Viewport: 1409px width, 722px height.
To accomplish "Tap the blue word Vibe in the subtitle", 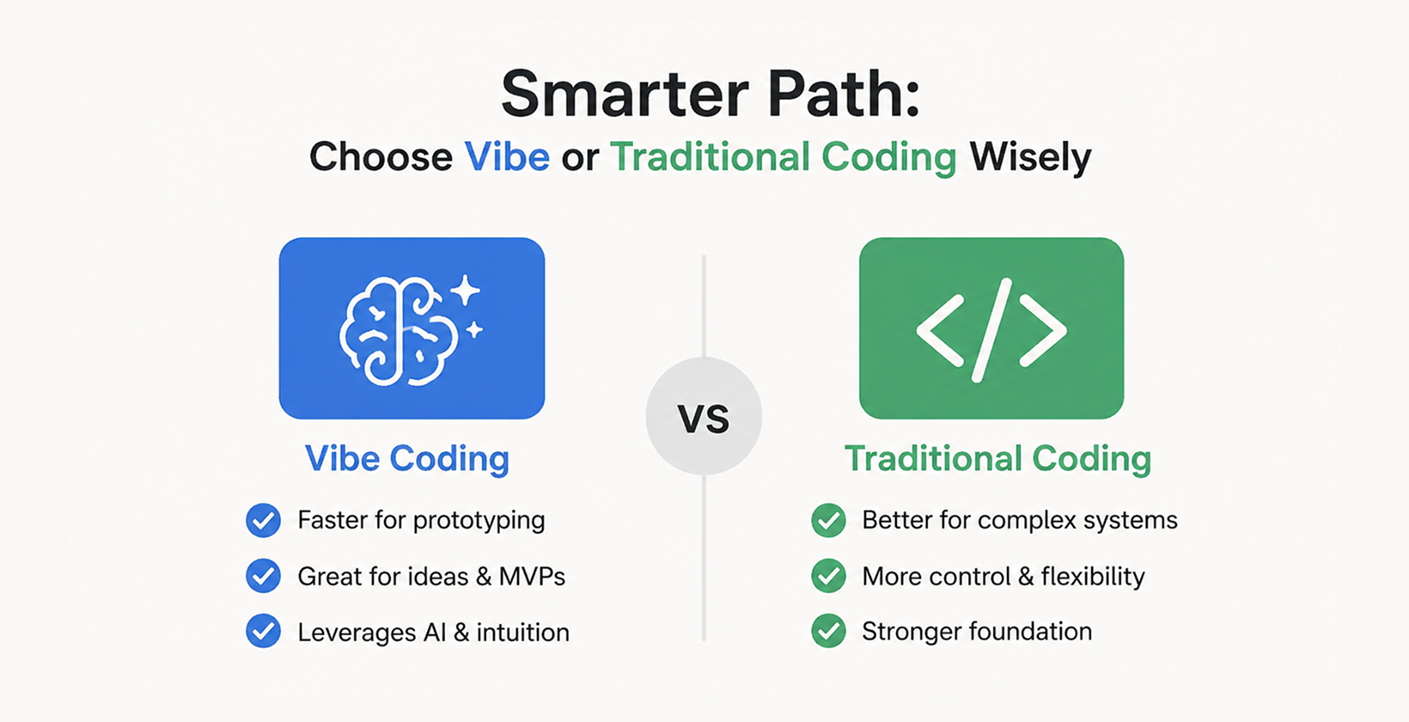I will pos(507,157).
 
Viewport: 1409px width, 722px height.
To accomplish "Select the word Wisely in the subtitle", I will pos(1029,158).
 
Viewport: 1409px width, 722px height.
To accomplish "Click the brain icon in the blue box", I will pos(398,331).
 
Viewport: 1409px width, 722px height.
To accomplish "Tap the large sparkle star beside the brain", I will pos(466,291).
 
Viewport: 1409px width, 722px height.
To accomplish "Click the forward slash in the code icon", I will pos(991,330).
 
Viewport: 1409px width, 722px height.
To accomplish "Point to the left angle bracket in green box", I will pos(939,331).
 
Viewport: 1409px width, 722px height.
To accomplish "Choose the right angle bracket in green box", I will pos(1043,331).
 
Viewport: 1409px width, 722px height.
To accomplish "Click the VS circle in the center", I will pos(704,417).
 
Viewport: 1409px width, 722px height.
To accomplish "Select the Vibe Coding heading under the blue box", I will pos(407,459).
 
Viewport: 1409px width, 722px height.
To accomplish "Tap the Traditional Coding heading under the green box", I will pos(997,459).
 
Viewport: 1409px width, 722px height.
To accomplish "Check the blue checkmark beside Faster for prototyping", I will pos(263,521).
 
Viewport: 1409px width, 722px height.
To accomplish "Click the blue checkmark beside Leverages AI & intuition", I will pos(263,632).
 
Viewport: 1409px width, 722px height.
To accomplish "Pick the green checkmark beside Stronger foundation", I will pos(828,632).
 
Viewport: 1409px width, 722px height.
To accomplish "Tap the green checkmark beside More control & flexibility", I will pos(828,576).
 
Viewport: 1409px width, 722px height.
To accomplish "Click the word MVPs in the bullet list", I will pos(532,577).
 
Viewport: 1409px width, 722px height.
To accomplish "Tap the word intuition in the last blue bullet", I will pos(522,633).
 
